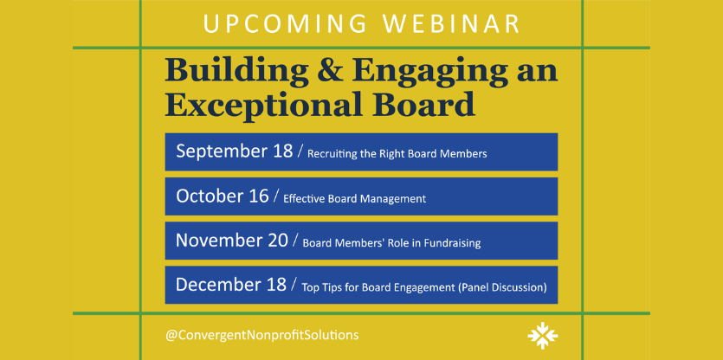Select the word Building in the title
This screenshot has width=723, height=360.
(x=236, y=73)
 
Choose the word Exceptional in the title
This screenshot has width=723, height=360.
(x=265, y=105)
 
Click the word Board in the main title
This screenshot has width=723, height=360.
(x=424, y=103)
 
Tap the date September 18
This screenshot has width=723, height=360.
(x=235, y=151)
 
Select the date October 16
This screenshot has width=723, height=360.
(x=223, y=196)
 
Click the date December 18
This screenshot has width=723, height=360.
(x=231, y=285)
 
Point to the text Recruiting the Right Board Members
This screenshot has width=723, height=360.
(x=397, y=154)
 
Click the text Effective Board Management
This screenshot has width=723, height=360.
(x=355, y=199)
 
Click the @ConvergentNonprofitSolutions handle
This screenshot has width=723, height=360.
(x=261, y=335)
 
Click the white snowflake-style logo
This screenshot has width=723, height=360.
(x=543, y=336)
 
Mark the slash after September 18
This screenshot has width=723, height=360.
(x=300, y=151)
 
